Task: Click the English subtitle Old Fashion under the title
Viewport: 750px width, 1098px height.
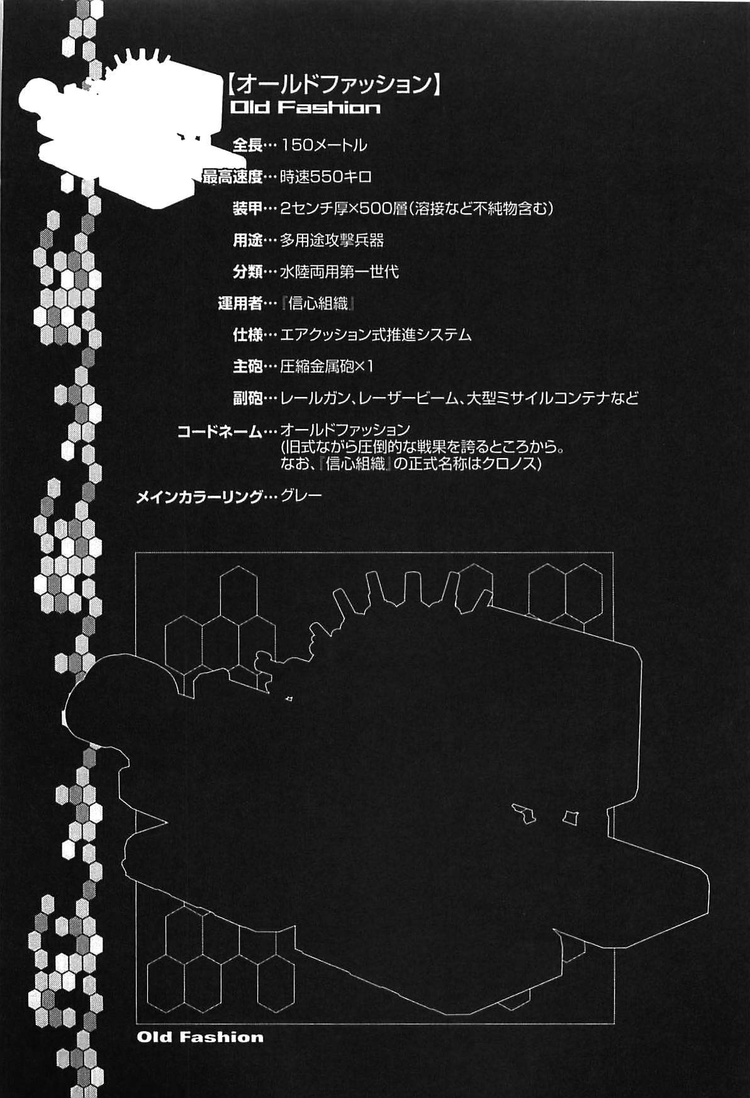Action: point(305,108)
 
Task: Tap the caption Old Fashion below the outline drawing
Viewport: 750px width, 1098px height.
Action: point(200,1037)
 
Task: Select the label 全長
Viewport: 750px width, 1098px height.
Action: point(247,145)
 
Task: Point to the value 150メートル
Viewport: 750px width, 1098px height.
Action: point(323,145)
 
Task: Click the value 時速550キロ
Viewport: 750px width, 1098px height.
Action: point(325,177)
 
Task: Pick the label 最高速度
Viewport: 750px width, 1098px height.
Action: point(232,177)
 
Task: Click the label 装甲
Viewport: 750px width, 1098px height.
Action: point(247,208)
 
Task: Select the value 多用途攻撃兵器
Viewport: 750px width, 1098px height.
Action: point(332,240)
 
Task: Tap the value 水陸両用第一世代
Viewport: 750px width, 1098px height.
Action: point(339,272)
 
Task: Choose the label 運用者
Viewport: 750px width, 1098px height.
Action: point(240,303)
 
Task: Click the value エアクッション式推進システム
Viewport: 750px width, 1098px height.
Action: point(376,335)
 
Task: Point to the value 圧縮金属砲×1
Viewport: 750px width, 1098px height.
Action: point(327,366)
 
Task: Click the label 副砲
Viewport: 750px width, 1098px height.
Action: point(247,398)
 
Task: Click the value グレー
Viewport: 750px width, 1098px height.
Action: point(301,496)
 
